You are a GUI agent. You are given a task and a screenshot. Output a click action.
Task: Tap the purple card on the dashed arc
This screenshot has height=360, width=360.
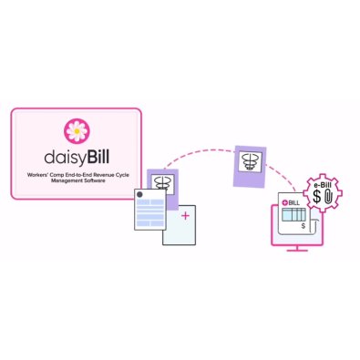coord(250,163)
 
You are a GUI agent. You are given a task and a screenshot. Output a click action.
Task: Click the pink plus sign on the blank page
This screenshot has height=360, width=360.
coord(185,216)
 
